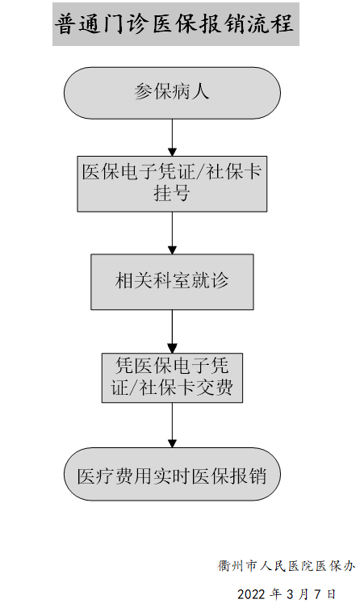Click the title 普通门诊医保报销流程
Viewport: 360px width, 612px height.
174,23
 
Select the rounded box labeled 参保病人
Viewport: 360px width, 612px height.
172,93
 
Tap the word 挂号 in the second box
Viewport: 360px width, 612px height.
172,193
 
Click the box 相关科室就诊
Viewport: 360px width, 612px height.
172,282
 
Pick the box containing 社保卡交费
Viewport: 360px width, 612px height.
172,378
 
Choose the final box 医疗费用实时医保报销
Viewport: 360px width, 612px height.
172,474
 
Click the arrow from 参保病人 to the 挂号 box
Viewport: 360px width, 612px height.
172,137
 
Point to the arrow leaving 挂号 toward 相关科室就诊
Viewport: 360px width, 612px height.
172,233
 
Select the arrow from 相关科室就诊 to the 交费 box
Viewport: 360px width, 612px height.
172,331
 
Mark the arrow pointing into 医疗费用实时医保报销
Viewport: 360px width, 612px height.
172,425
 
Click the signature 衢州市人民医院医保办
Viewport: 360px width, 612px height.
286,565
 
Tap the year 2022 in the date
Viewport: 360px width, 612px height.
251,594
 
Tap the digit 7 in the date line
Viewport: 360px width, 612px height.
317,594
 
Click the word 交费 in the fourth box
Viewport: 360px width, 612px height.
215,388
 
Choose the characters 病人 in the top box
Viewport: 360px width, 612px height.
191,92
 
